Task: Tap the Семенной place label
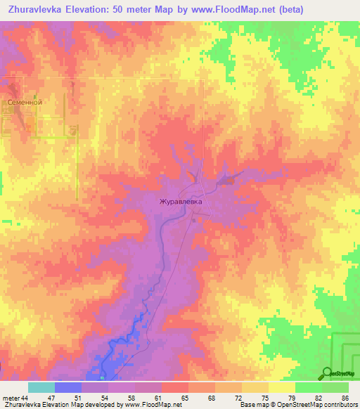coord(25,103)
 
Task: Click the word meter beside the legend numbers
coord(10,398)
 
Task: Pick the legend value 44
coord(25,398)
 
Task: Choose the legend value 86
coord(345,398)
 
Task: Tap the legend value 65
coord(184,398)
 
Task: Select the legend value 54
coord(105,398)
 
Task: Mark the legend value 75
coord(265,398)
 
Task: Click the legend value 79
coord(291,398)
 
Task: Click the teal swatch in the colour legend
coord(41,387)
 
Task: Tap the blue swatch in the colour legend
coord(68,387)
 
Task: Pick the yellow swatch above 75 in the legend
coord(255,387)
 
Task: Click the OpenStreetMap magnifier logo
coord(328,373)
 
